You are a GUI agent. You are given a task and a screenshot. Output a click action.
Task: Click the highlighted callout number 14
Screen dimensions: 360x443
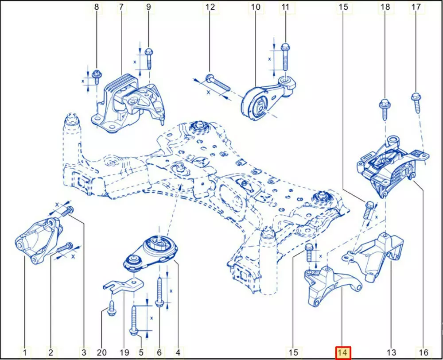click(x=343, y=352)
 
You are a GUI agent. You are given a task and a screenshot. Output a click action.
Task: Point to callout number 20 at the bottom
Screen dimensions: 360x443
click(x=101, y=352)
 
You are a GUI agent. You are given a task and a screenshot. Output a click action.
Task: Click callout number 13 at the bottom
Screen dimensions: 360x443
click(x=391, y=352)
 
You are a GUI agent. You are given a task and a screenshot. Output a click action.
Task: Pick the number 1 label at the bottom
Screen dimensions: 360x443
click(x=25, y=352)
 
